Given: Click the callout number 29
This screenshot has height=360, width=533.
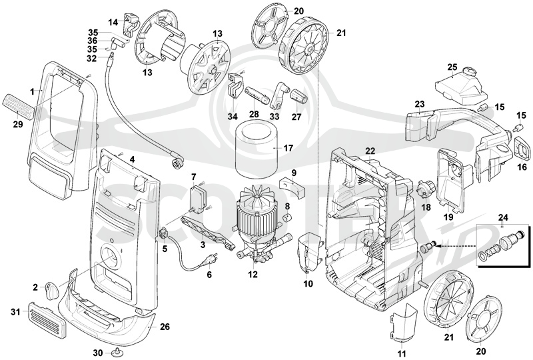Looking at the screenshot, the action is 18,125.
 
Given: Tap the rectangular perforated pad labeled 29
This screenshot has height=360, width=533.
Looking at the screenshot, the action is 18,106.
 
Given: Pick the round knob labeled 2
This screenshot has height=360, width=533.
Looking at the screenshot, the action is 51,290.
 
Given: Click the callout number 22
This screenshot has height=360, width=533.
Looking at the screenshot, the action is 370,151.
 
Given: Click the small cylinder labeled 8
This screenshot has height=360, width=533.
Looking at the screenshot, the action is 288,217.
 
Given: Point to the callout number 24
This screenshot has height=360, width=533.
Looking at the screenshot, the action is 503,217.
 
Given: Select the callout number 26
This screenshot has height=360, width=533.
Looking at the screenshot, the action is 165,327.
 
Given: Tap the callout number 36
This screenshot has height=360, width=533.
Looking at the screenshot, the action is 93,41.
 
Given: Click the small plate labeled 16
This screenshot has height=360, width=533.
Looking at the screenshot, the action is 523,147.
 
